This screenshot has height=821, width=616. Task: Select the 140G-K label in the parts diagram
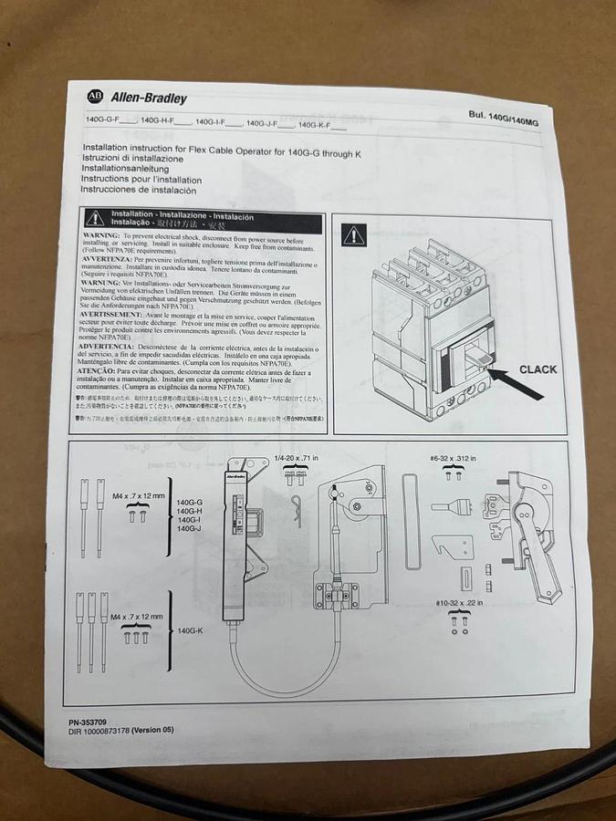coord(191,629)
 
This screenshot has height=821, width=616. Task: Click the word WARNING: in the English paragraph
coord(99,235)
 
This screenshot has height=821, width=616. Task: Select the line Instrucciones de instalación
coord(139,191)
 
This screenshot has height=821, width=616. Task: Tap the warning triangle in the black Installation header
coord(95,218)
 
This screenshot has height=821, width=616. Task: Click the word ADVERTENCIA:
coord(109,348)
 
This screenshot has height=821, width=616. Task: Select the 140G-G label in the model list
coord(189,502)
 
